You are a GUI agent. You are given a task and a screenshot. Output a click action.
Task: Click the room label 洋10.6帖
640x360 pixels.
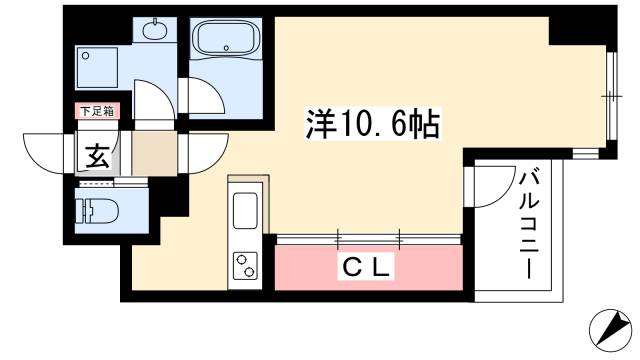click(373, 124)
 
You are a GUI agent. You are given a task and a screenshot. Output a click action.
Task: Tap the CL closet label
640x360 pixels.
click(365, 268)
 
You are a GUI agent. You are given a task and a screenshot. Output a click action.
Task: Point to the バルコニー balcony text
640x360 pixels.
click(529, 225)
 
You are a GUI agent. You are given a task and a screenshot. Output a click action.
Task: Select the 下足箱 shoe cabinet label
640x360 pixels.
click(97, 111)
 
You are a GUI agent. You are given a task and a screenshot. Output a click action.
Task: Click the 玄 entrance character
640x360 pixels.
click(98, 156)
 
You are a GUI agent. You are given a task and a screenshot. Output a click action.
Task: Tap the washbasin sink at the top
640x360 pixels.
click(155, 29)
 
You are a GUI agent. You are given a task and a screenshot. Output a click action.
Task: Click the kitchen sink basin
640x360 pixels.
click(245, 210)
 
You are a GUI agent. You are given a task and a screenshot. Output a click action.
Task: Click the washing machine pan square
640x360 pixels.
click(97, 67)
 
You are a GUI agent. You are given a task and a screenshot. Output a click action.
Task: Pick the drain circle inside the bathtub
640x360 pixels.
click(227, 48)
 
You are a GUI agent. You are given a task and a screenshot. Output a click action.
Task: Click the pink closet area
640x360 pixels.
click(369, 268)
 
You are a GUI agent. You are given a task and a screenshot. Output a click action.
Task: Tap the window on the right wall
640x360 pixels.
click(611, 96)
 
